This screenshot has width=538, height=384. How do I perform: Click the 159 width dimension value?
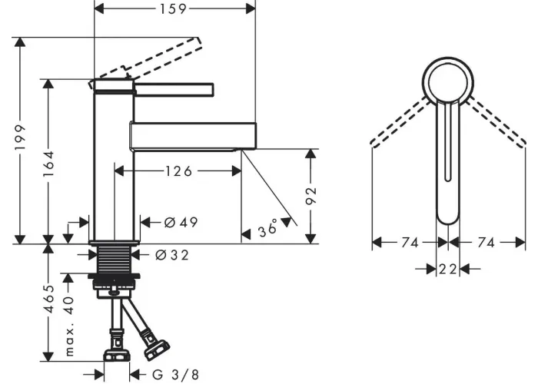[x=173, y=9]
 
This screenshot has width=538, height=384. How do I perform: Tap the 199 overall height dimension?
[x=20, y=137]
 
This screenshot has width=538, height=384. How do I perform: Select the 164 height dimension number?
[x=48, y=164]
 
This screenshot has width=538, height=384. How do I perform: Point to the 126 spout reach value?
[x=179, y=170]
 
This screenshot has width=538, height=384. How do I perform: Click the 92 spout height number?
[x=311, y=196]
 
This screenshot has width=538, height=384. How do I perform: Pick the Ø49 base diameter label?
[x=181, y=223]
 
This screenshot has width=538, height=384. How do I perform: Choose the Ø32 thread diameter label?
[x=172, y=255]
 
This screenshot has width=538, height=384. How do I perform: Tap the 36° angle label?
[x=268, y=227]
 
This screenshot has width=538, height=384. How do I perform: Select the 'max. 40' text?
[x=69, y=326]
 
